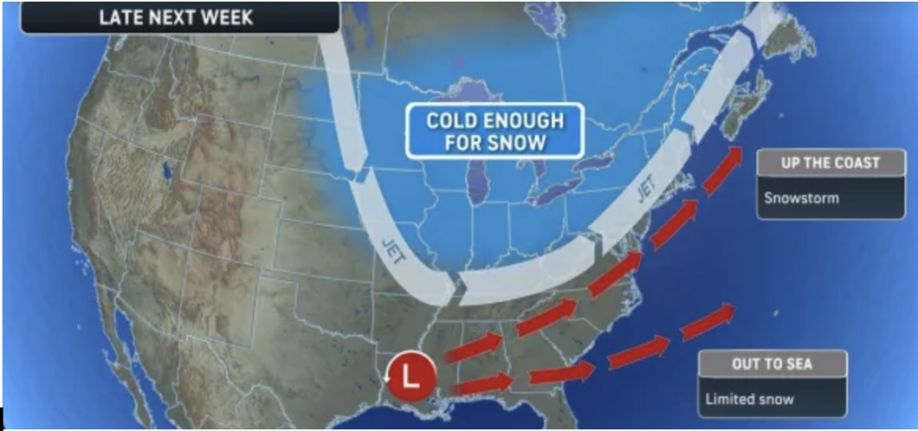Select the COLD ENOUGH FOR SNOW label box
click(x=494, y=130)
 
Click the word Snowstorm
click(x=801, y=197)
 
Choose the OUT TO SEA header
click(x=774, y=364)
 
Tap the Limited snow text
click(x=752, y=398)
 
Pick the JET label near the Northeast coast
click(x=642, y=189)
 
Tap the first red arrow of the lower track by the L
click(x=481, y=384)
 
